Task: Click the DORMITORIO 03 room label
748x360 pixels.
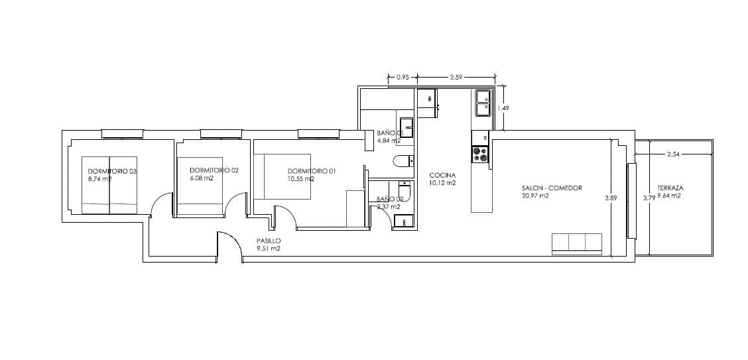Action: pos(112,172)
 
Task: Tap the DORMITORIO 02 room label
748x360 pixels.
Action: pos(214,170)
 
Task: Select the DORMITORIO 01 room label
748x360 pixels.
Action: pos(312,171)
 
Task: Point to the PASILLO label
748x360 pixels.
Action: pos(269,241)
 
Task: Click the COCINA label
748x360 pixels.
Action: pos(442,175)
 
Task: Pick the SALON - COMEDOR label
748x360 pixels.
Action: pos(552,188)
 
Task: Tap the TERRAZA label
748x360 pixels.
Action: pos(670,188)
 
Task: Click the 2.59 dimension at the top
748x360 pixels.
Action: pos(456,78)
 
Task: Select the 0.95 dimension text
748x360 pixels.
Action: pos(403,78)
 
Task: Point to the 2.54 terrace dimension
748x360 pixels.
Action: pos(673,154)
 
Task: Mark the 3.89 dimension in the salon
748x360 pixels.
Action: pos(610,197)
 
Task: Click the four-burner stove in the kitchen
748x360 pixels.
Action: pos(479,154)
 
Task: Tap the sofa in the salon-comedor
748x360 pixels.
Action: pos(577,243)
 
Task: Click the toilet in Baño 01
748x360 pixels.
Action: pos(403,160)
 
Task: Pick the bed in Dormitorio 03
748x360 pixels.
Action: pos(109,185)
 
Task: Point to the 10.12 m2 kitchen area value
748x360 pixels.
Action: pos(442,183)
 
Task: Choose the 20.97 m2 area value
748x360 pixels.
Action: pos(536,196)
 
